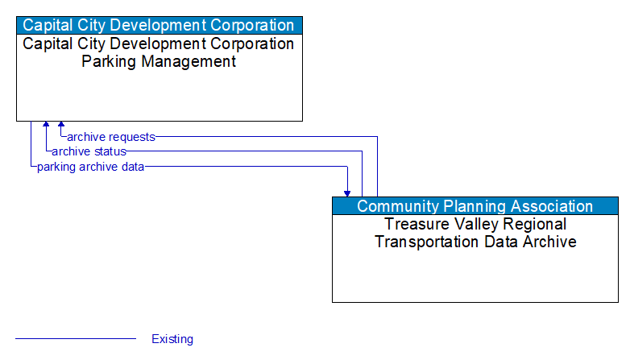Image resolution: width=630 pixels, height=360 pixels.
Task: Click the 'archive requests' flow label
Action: (110, 137)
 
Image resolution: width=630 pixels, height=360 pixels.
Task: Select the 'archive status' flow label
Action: (89, 151)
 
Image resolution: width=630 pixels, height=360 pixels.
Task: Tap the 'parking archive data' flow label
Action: (90, 167)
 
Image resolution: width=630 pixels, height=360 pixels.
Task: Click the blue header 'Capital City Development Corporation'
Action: (159, 25)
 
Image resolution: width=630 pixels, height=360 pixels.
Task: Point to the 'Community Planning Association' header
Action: (475, 206)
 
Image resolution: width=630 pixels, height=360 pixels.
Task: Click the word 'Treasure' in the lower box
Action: (416, 225)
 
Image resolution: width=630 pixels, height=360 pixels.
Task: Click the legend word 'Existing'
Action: (172, 339)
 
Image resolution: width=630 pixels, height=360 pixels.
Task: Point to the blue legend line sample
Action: (76, 339)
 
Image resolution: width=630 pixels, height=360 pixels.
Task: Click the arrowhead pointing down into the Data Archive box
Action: (347, 193)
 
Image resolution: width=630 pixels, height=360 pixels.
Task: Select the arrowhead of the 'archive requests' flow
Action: (61, 126)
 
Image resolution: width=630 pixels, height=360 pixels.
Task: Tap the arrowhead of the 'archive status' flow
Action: (46, 126)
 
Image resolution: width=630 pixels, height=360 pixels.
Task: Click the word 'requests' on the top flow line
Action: (132, 137)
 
